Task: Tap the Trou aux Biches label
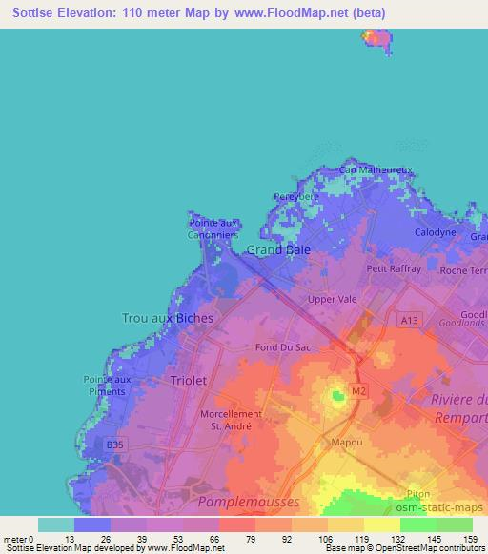pos(168,318)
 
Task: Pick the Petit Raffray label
pos(394,269)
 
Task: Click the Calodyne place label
pos(435,232)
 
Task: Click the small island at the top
pos(376,38)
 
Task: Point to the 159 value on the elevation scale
pos(469,538)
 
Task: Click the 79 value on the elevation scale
pos(236,538)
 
